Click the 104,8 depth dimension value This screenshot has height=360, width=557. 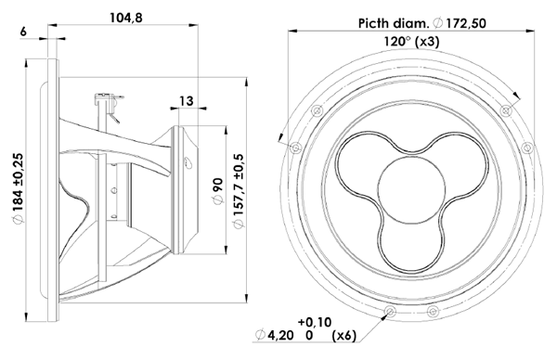coord(125,18)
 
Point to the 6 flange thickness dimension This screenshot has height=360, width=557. coord(23,32)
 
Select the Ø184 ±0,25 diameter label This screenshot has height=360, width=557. coord(19,188)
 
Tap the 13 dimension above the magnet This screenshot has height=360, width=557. coord(187,101)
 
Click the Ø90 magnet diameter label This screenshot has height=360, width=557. coord(218,191)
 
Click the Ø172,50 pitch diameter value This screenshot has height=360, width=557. coord(460,23)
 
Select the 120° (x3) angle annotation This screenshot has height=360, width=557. coord(411,42)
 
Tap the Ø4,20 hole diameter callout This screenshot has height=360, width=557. coord(275,335)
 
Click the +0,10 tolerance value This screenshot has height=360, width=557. coord(315,322)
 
